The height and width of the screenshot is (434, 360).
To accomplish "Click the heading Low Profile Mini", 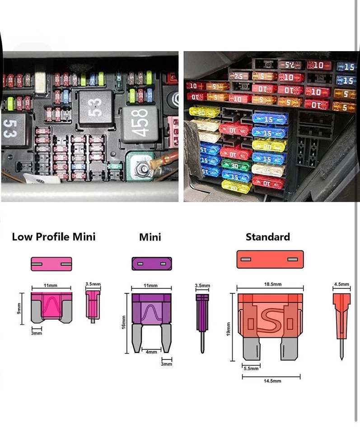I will [x=53, y=236].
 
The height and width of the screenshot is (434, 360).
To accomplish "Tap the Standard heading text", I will [x=267, y=236].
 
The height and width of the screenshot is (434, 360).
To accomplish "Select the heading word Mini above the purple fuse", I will [x=150, y=237].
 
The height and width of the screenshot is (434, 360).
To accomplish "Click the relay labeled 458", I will [x=140, y=121].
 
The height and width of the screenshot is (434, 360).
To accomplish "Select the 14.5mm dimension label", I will [x=272, y=381].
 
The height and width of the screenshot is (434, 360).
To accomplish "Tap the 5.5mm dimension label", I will [x=251, y=368].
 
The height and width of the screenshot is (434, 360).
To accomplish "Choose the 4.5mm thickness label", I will [x=341, y=284].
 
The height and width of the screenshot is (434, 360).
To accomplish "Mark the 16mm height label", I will [x=124, y=323].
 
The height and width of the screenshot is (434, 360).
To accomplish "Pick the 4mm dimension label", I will [x=151, y=352].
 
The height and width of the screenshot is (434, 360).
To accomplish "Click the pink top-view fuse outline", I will [x=51, y=264].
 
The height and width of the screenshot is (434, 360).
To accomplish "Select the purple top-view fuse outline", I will [x=152, y=264].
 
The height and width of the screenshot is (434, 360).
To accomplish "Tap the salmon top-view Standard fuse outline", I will [x=270, y=259].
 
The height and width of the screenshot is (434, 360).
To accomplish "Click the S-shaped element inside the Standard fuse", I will [x=269, y=320].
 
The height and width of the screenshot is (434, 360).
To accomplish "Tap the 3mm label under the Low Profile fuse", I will [x=36, y=333].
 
